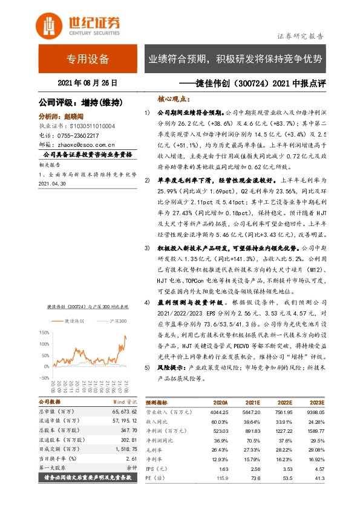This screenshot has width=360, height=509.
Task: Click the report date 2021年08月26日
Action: click(x=87, y=83)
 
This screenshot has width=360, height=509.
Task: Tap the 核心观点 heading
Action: click(x=171, y=98)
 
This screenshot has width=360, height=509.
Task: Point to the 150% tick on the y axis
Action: click(x=44, y=332)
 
